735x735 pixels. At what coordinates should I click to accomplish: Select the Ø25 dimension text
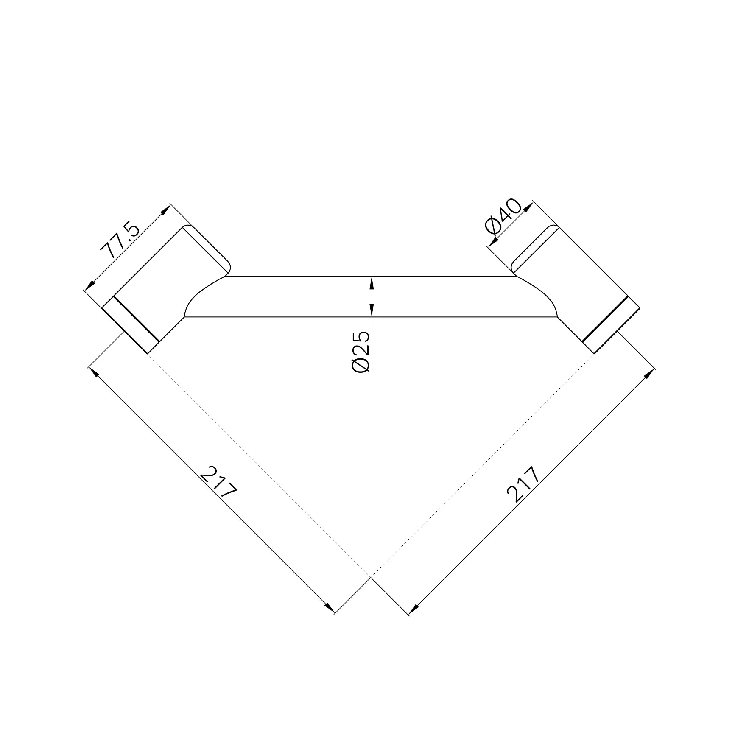(361, 352)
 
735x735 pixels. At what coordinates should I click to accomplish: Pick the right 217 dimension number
(524, 484)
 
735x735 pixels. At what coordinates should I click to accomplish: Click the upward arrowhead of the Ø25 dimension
(372, 282)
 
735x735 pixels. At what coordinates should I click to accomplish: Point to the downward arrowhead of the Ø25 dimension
(372, 311)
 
